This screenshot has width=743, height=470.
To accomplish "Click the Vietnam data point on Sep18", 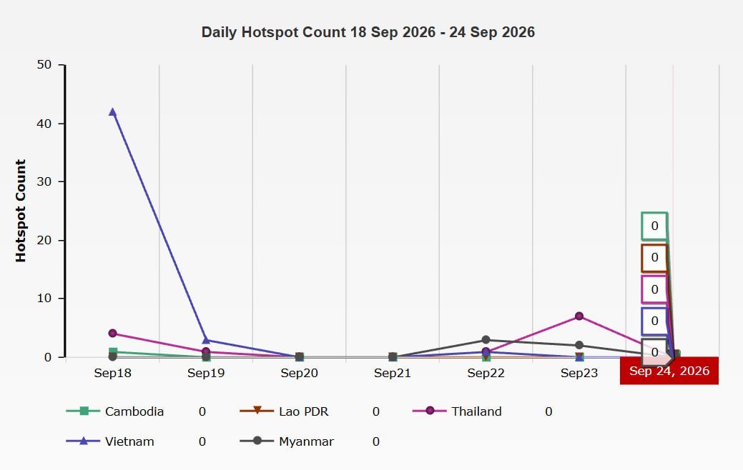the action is coord(112,112).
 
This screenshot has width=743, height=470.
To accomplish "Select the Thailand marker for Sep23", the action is coord(579,316).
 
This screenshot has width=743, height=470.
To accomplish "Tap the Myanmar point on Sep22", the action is coord(486,340).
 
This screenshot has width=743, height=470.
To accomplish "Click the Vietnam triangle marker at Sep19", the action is coord(206,340).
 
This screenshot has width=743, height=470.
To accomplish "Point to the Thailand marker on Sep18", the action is coord(112,333).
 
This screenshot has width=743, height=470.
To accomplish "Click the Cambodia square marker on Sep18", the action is coord(113,351).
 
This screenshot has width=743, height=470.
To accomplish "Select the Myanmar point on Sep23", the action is coord(579,345).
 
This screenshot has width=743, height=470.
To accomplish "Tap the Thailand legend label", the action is coord(476,411).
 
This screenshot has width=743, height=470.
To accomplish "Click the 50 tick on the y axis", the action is coord(44,64).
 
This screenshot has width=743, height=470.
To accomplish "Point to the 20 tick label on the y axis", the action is coord(44,240).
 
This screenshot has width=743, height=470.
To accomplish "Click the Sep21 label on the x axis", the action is coord(393,373).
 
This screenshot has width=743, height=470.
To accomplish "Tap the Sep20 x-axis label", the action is coord(299,373).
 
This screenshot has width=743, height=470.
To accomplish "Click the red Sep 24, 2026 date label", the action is coord(669,371).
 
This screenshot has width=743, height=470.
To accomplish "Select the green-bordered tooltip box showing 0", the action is coord(654,214).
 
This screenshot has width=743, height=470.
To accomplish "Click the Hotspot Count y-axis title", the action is coord(20,211).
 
